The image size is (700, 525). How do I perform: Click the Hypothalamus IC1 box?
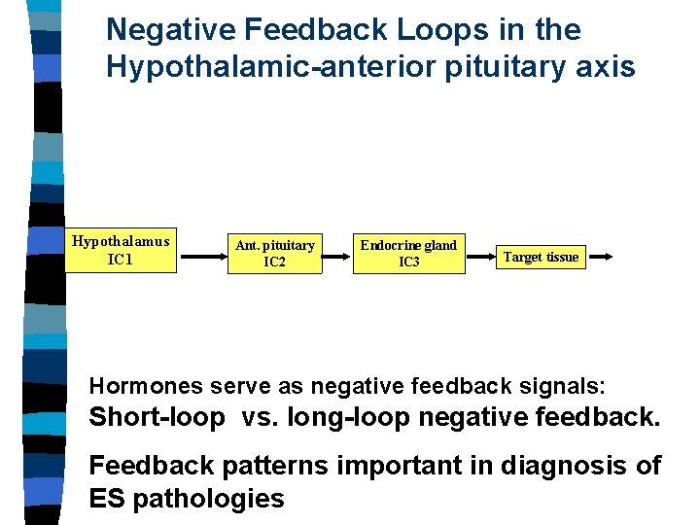[121, 251]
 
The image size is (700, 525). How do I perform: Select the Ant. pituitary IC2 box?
[275, 254]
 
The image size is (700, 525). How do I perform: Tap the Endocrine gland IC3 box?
[408, 254]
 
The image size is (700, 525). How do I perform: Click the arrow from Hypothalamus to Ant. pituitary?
[201, 257]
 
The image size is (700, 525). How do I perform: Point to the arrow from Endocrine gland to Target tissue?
[478, 257]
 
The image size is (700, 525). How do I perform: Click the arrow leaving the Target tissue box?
[600, 257]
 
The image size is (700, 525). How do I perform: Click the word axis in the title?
[607, 67]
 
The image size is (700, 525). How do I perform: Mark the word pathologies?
[208, 499]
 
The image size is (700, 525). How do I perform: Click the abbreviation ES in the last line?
[107, 499]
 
